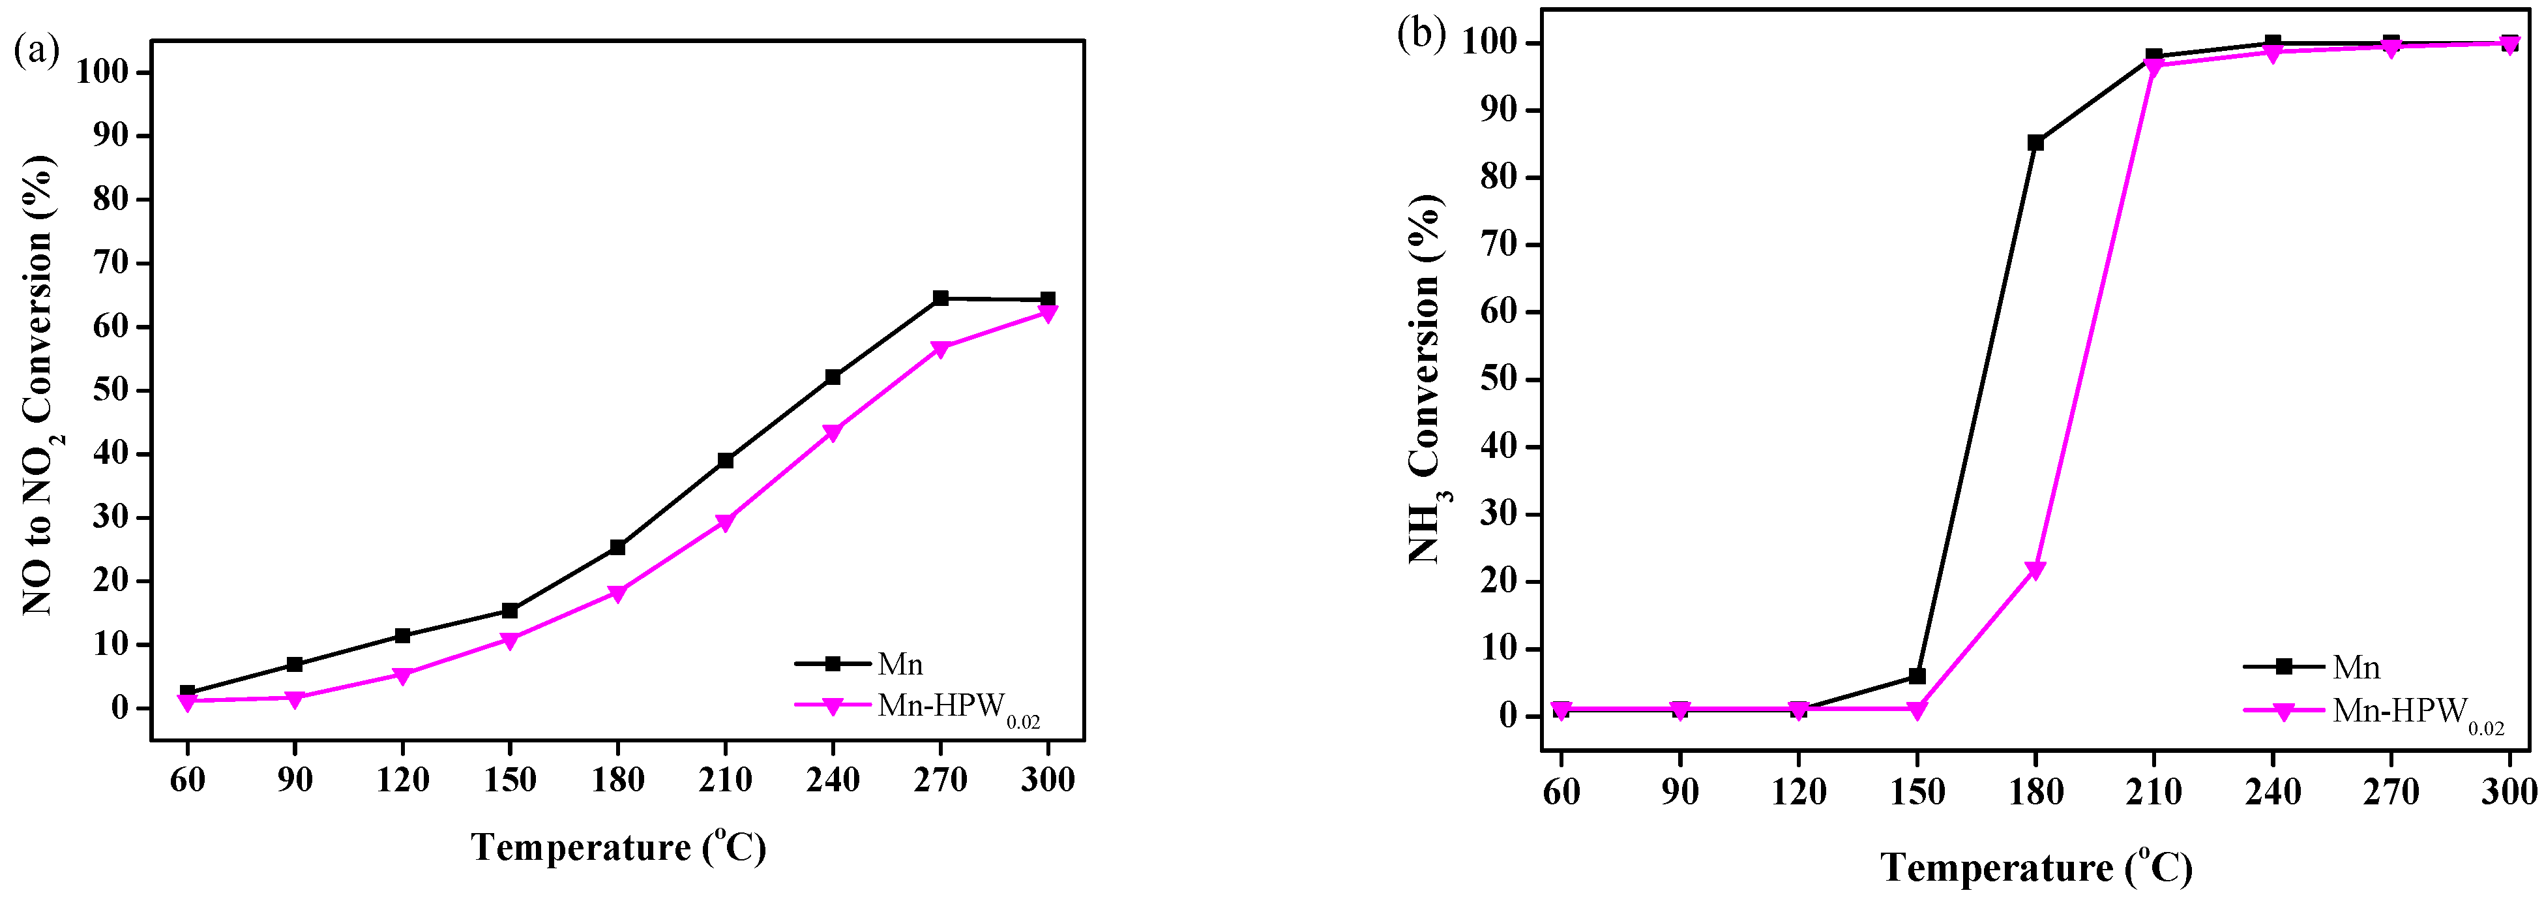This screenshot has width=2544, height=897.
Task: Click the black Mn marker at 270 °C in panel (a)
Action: [x=940, y=298]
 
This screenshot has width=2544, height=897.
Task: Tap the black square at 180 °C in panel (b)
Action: [x=2035, y=142]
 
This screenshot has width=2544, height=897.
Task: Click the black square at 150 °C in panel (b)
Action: [x=1917, y=677]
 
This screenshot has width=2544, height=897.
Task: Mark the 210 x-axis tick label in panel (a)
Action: [x=725, y=780]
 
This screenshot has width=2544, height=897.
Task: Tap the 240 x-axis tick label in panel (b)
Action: [x=2272, y=791]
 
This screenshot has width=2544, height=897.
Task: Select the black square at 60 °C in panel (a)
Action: [x=186, y=693]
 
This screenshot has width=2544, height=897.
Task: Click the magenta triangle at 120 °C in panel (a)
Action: [x=402, y=676]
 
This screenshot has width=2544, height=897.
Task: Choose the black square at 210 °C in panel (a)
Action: [x=725, y=461]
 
